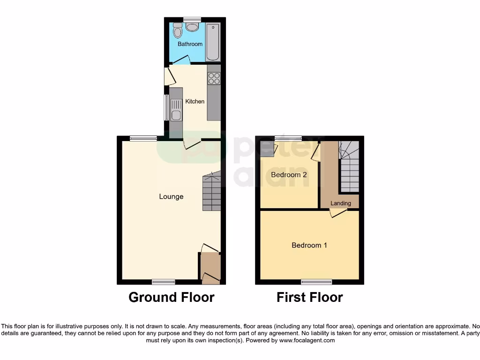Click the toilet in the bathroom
point(178,31)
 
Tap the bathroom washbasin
point(192,27)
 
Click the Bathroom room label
point(190,44)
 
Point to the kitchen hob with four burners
point(214,79)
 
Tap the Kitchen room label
point(195,101)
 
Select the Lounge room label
point(171,196)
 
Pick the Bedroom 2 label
point(289,175)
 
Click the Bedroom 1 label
point(309,245)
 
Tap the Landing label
point(340,203)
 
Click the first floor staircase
point(349,167)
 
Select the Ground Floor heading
point(171,297)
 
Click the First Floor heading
point(309,297)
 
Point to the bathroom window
point(192,19)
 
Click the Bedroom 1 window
point(316,282)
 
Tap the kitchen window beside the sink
point(165,107)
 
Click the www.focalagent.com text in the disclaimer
point(307,341)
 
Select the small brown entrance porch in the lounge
point(210,267)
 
